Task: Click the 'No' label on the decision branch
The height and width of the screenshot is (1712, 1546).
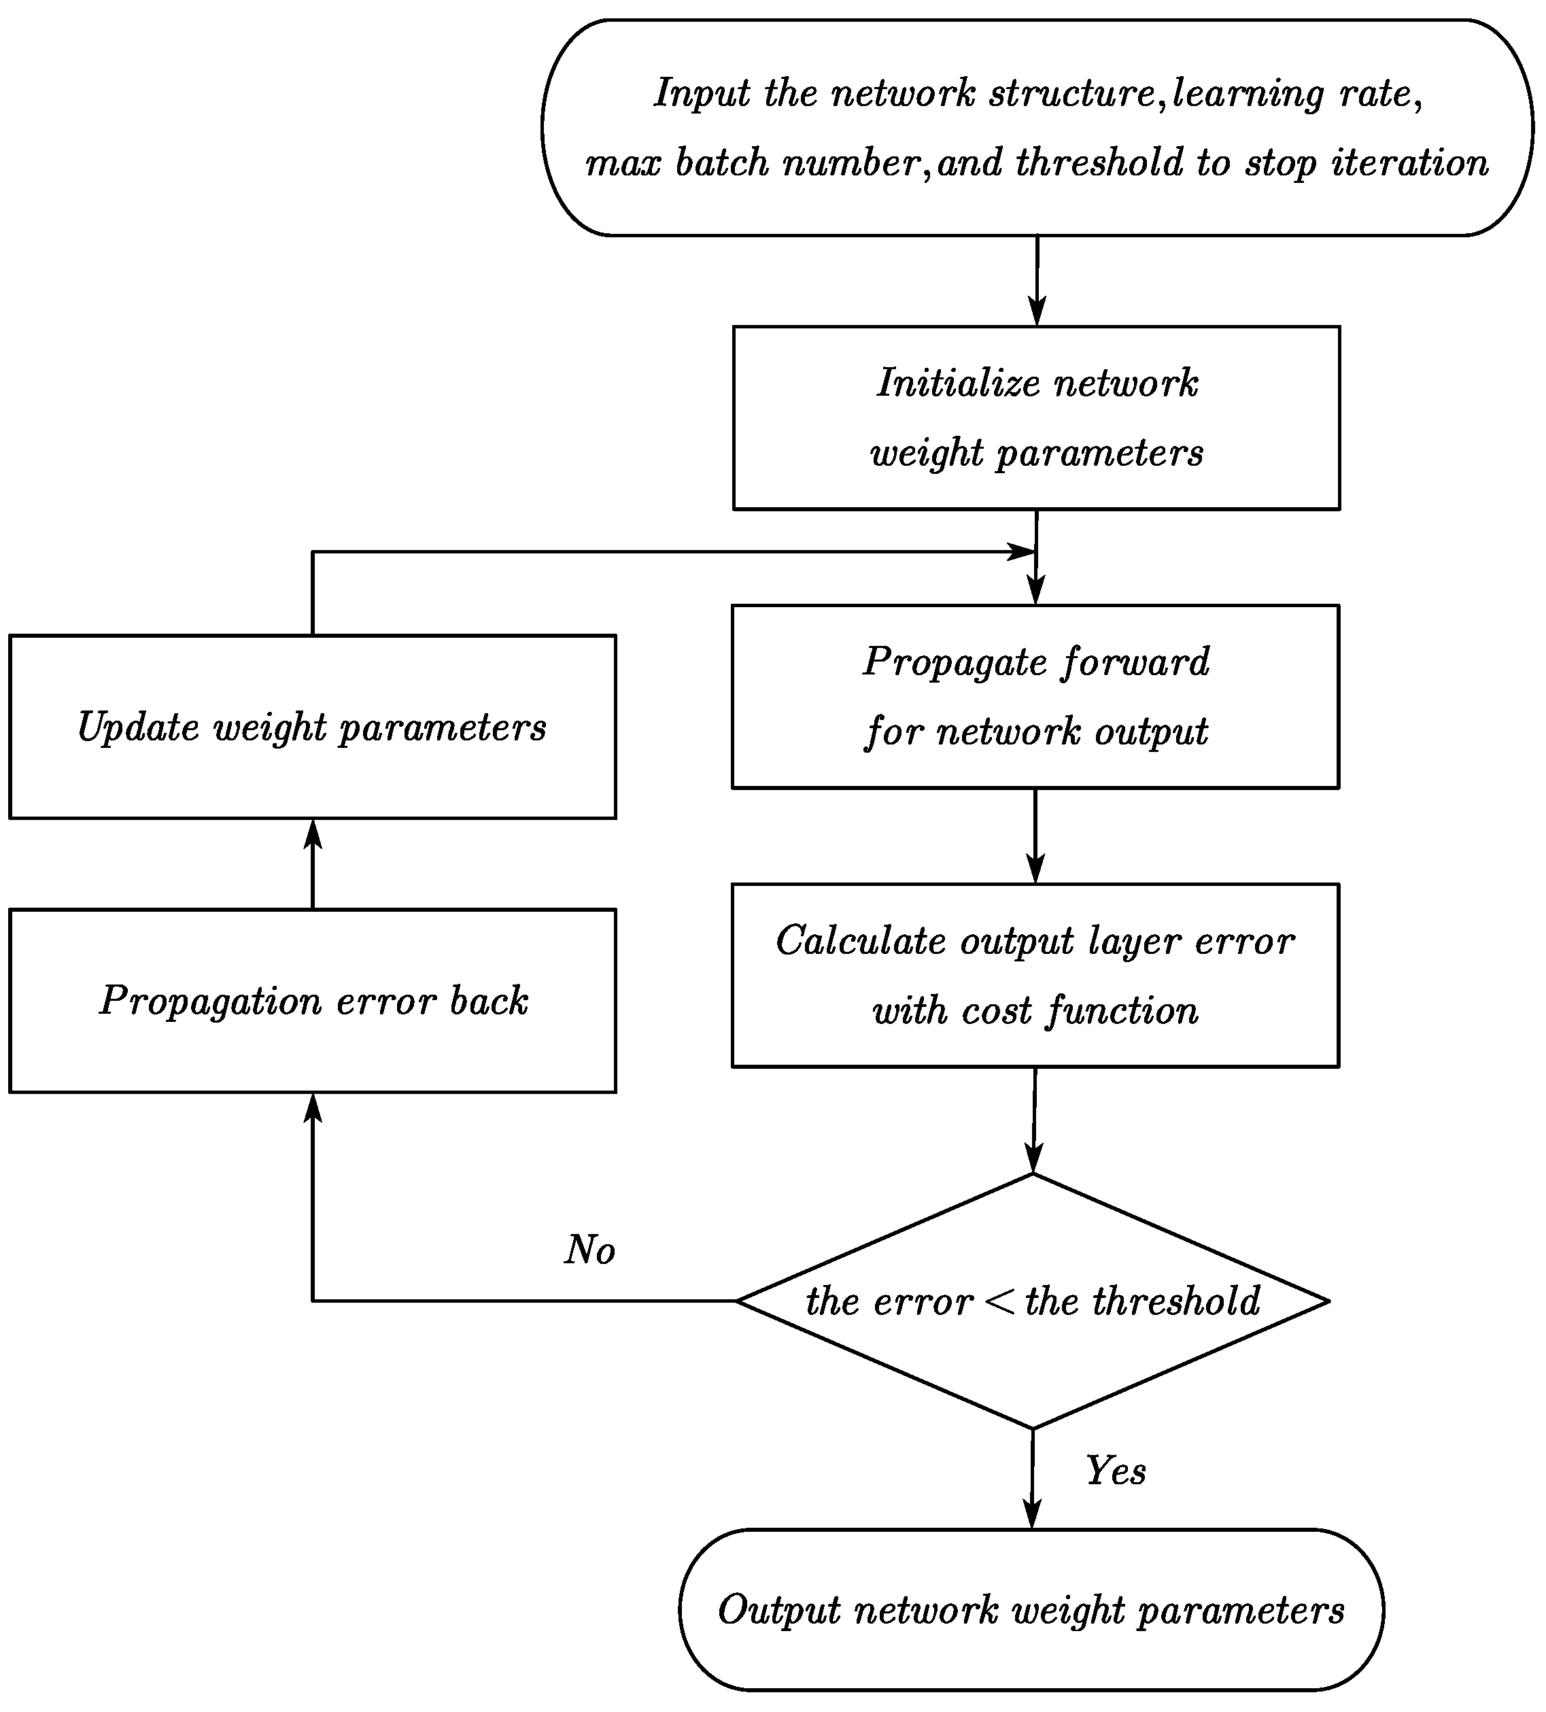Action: point(589,1249)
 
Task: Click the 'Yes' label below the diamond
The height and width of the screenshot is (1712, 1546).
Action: point(1115,1470)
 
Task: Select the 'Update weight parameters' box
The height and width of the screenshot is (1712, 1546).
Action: point(313,727)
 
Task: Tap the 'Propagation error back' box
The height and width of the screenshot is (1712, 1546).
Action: point(313,1000)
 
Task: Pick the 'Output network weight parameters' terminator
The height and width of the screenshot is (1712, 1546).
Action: point(1031,1610)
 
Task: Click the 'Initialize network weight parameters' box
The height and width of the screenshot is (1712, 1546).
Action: point(1035,417)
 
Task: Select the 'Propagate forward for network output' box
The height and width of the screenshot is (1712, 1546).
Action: point(1035,696)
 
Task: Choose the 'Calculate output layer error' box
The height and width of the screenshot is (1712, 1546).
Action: point(1035,975)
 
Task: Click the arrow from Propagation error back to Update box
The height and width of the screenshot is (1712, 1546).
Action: point(313,863)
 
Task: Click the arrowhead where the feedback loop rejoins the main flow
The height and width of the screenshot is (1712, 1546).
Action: point(1020,552)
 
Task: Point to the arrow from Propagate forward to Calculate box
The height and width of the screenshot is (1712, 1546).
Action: point(1035,836)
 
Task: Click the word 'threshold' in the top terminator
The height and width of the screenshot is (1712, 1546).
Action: point(1099,163)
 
